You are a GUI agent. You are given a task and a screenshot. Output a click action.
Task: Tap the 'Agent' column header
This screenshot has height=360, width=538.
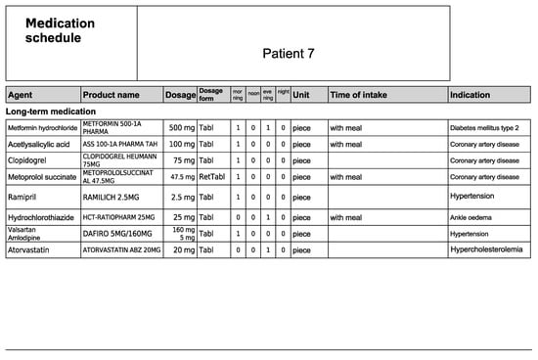tap(21, 95)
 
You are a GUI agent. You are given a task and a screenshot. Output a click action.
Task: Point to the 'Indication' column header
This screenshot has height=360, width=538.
tap(472, 95)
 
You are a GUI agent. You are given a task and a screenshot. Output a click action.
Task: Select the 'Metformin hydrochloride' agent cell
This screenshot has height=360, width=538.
tap(42, 128)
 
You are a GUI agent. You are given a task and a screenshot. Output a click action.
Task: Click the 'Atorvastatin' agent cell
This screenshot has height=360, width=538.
tap(32, 250)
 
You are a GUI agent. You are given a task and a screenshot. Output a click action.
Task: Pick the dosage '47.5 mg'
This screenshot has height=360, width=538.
tap(179, 178)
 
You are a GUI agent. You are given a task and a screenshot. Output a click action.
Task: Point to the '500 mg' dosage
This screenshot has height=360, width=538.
tap(182, 128)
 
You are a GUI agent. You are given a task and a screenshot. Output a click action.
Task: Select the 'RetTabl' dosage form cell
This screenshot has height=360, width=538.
tap(212, 178)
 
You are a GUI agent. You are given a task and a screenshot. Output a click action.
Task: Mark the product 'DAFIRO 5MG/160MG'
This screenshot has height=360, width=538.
tap(121, 234)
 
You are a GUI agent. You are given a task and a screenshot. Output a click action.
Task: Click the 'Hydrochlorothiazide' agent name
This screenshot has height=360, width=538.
tap(45, 215)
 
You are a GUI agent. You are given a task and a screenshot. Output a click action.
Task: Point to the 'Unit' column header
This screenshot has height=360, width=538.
tap(301, 95)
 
